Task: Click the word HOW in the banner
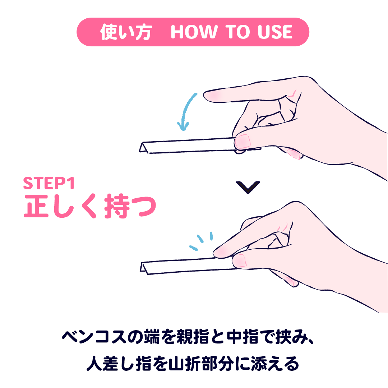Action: (194, 32)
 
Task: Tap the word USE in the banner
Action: (275, 32)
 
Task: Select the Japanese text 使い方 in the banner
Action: (126, 32)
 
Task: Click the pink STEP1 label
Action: (49, 183)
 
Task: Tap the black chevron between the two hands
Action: (248, 187)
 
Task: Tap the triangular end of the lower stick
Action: (144, 268)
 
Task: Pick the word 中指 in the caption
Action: (242, 337)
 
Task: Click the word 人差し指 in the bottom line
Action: (119, 363)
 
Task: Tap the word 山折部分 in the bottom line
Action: (201, 363)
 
